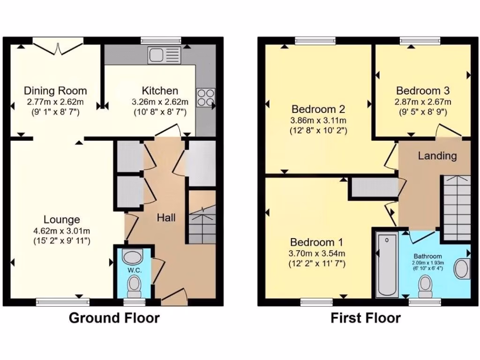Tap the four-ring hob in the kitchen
pos(205,98)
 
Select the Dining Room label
pos(55,90)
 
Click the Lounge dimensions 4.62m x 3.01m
pos(62,230)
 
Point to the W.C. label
pos(134,271)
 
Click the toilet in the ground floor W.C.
pos(135,285)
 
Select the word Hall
pos(166,217)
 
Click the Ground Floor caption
pos(114,318)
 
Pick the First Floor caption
pos(366,318)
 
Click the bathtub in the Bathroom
pos(387,265)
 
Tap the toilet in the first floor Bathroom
pos(426,285)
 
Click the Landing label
pos(437,156)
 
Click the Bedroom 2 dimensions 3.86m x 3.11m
pos(318,120)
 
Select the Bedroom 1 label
pos(316,242)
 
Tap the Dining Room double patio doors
pos(57,48)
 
